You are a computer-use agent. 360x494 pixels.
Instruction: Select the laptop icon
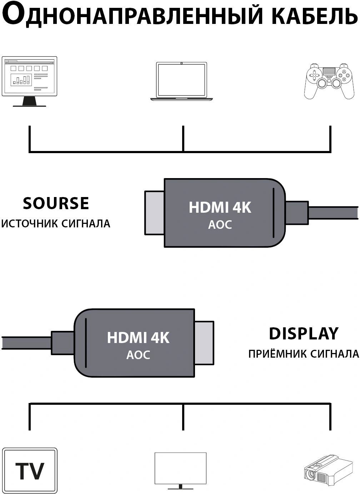tap(181, 81)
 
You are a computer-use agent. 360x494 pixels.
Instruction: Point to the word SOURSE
tap(56, 203)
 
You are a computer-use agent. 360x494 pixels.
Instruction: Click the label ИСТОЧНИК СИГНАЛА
tap(56, 224)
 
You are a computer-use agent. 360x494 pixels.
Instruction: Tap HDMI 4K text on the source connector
tap(220, 207)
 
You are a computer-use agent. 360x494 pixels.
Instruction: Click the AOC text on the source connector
tap(220, 225)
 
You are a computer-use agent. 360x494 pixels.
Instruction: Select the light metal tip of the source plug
tap(154, 213)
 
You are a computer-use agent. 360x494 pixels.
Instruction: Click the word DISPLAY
tap(304, 333)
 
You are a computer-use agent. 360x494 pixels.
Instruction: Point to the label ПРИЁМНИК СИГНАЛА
tap(304, 354)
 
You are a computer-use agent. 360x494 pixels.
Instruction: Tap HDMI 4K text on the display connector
tap(138, 337)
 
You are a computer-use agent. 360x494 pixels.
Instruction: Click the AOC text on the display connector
tap(138, 355)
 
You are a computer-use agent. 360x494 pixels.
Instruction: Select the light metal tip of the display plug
tap(204, 343)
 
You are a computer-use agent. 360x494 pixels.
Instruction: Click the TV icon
tap(30, 470)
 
